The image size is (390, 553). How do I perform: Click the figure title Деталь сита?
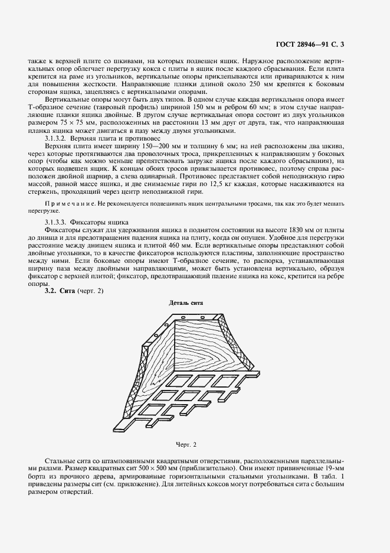186,302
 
